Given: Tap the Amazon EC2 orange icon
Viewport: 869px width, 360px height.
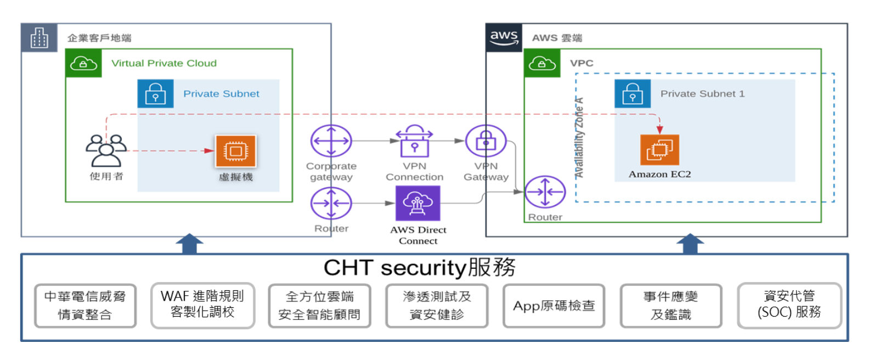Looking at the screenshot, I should [659, 150].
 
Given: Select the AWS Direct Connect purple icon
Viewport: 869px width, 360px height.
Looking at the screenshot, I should [417, 203].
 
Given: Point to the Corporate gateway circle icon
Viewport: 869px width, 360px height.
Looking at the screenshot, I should [331, 141].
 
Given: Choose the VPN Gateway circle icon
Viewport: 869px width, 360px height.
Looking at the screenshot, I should [486, 141].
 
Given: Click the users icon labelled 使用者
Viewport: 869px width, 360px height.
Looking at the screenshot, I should [106, 150].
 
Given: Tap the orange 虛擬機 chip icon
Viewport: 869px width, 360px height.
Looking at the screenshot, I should [235, 151].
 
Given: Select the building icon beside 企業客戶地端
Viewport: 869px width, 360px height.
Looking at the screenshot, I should [39, 38].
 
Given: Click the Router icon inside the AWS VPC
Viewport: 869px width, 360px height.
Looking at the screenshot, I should [545, 192].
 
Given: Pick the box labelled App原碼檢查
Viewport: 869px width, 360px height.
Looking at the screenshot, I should [554, 306].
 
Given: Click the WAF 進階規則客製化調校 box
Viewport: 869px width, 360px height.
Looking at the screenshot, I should [202, 305].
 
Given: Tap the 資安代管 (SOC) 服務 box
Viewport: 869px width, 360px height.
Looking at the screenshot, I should [789, 305].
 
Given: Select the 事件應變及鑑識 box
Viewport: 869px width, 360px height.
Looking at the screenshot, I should [671, 306].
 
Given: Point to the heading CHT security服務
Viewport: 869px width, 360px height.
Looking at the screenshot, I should [419, 268].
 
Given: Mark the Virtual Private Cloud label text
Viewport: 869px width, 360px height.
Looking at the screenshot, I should [164, 63].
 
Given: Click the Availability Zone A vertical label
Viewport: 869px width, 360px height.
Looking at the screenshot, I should [579, 137].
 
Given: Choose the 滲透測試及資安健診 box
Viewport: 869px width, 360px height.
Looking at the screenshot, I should [437, 306].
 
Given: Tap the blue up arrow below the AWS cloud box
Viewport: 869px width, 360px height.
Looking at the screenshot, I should [690, 244].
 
